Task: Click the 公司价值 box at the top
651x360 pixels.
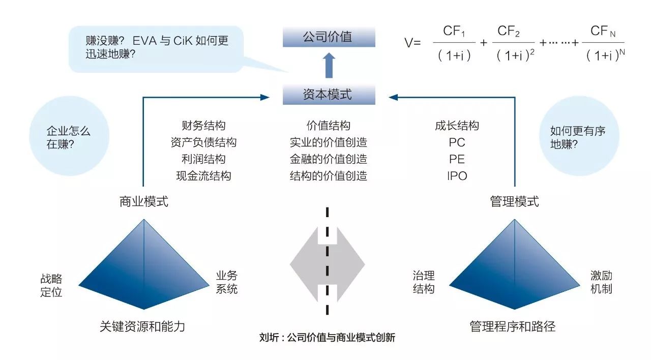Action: [329, 37]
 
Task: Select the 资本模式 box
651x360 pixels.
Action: [329, 95]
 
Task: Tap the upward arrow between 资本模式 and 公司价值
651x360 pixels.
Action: [329, 66]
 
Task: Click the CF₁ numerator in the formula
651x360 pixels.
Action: [454, 32]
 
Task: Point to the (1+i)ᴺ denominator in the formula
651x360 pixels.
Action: [605, 55]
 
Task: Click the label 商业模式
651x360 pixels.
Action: [143, 202]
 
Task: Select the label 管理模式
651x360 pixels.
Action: [514, 202]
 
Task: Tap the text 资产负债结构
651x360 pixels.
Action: [203, 142]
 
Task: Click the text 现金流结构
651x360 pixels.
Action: [203, 176]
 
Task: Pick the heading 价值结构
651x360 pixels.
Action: [329, 126]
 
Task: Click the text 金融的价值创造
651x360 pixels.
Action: [329, 159]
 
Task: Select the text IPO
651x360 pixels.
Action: [457, 176]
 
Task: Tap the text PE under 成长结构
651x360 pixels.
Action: [457, 159]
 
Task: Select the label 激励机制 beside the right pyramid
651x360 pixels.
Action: [601, 282]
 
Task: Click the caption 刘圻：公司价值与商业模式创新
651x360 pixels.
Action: [327, 338]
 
